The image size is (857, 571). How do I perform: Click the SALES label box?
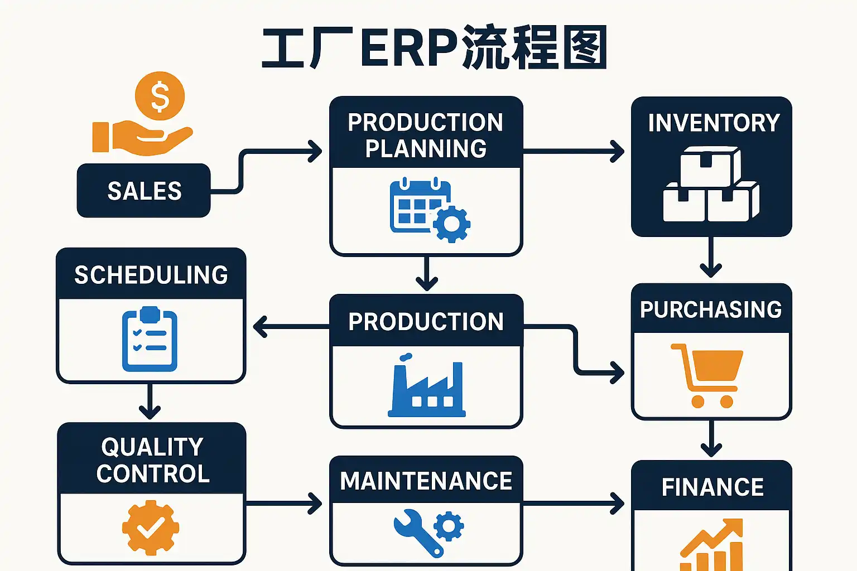[x=144, y=191]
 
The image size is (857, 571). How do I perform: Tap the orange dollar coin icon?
[x=160, y=96]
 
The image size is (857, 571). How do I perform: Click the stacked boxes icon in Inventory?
[x=711, y=185]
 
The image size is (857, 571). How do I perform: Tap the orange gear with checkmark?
[x=151, y=528]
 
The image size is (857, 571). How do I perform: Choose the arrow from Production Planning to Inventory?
[x=575, y=151]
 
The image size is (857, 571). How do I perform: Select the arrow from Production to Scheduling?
[x=290, y=327]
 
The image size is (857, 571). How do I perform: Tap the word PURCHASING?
[x=711, y=309]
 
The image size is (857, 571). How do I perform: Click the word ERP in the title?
[x=410, y=49]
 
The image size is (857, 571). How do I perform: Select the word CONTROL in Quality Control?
[x=153, y=474]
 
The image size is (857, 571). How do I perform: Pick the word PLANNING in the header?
[x=426, y=149]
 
